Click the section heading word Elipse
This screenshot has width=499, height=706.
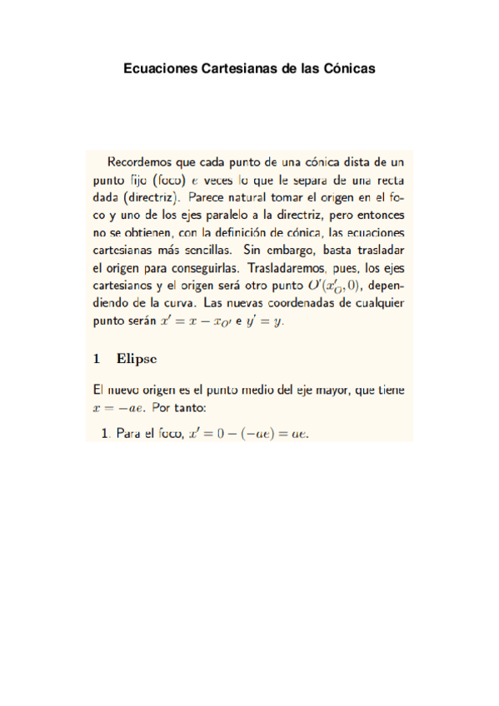pos(137,359)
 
